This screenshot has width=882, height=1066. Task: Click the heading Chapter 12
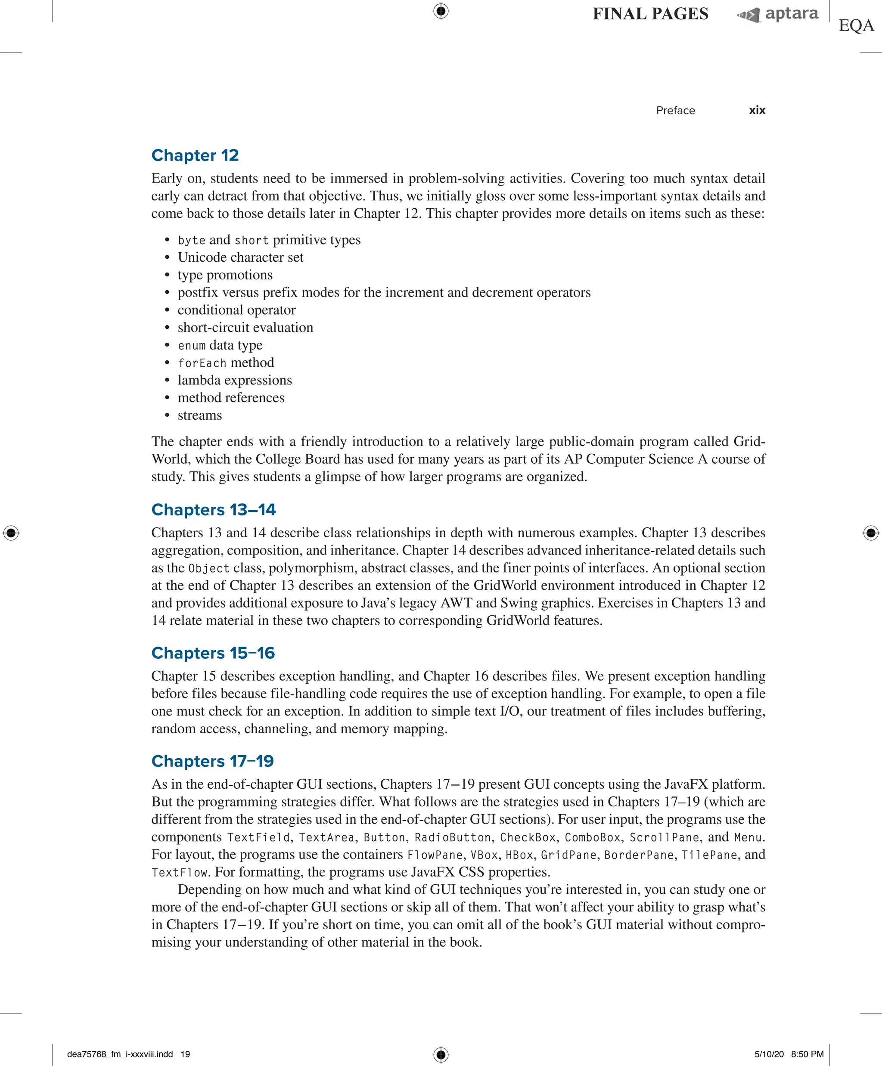pyautogui.click(x=195, y=155)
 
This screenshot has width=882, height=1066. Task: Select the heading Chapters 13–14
pyautogui.click(x=213, y=510)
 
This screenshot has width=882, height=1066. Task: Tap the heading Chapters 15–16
pyautogui.click(x=213, y=653)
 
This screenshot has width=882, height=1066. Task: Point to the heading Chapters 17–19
pyautogui.click(x=212, y=761)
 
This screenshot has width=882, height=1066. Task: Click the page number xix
pyautogui.click(x=757, y=110)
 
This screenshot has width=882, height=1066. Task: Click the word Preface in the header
pyautogui.click(x=675, y=111)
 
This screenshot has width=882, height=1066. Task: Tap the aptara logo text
pyautogui.click(x=791, y=14)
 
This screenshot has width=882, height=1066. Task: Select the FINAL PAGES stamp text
pyautogui.click(x=650, y=14)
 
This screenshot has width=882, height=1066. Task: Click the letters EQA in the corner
pyautogui.click(x=856, y=25)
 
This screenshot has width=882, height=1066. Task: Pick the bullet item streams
pyautogui.click(x=199, y=415)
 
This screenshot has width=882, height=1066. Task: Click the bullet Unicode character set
pyautogui.click(x=240, y=257)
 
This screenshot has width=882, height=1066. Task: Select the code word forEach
pyautogui.click(x=202, y=363)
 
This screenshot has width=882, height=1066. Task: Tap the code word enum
pyautogui.click(x=191, y=346)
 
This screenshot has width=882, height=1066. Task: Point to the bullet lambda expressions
pyautogui.click(x=235, y=380)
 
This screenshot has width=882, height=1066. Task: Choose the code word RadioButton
pyautogui.click(x=453, y=837)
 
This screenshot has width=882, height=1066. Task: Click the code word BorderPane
pyautogui.click(x=638, y=855)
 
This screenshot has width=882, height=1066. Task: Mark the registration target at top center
pyautogui.click(x=441, y=11)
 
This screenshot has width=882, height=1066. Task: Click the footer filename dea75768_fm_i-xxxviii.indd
pyautogui.click(x=120, y=1054)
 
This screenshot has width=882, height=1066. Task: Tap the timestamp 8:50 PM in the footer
pyautogui.click(x=807, y=1054)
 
